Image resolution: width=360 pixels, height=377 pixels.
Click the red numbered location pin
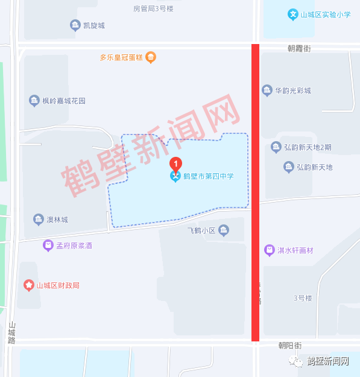coord(175,163)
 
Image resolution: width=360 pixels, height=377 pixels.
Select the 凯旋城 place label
coord(93,25)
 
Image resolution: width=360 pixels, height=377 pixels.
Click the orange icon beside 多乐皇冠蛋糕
coord(151,57)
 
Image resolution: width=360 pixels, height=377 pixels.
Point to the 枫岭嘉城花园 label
coord(64,101)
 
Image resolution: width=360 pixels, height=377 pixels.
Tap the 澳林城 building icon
coord(39,220)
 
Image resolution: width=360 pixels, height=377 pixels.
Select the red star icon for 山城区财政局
coord(28,285)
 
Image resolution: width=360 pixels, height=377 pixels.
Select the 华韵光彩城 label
coord(293,90)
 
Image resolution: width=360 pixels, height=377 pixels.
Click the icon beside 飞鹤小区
coord(224,230)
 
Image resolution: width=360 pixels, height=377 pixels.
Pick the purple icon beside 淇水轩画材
coord(269,250)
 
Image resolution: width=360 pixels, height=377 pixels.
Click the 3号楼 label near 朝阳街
coord(302,298)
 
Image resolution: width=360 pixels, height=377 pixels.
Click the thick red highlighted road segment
coord(256,193)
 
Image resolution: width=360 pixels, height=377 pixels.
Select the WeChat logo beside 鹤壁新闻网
coord(297,361)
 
